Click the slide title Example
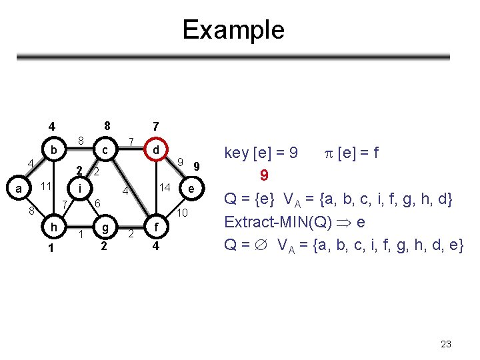click(233, 30)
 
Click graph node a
click(19, 189)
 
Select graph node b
click(53, 150)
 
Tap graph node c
click(104, 151)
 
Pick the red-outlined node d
click(155, 151)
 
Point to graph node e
click(191, 189)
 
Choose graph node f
click(155, 226)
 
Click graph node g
click(104, 226)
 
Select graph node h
click(53, 227)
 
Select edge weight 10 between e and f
click(183, 213)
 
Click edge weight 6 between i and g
click(97, 203)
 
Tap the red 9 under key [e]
click(264, 176)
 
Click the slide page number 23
click(446, 344)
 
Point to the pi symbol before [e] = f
click(330, 154)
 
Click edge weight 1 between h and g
click(81, 234)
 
